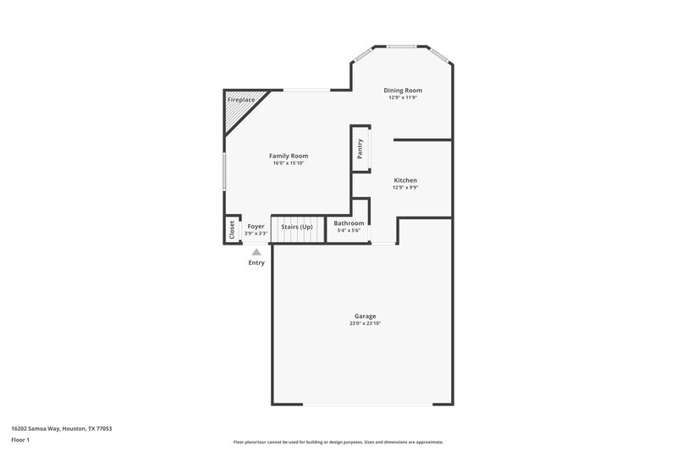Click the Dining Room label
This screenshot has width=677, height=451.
point(403,90)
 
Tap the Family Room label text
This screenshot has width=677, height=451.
point(288,156)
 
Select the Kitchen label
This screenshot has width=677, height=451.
point(405,180)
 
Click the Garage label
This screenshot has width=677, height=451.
point(366,316)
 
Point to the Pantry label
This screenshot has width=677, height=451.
point(361,148)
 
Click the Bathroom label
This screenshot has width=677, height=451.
point(349,223)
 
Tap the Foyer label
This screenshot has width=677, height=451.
point(256,226)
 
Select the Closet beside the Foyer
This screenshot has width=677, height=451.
point(231,230)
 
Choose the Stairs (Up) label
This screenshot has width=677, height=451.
point(297,227)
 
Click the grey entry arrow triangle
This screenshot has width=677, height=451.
point(256,250)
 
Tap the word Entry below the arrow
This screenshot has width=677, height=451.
point(256,262)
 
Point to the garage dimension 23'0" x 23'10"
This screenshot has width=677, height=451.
point(366,324)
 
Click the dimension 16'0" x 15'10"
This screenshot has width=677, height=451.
point(288,163)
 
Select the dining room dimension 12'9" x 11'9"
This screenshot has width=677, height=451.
point(403,97)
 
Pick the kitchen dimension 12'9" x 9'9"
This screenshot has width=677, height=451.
point(405,188)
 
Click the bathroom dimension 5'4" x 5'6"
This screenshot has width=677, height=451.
point(349,231)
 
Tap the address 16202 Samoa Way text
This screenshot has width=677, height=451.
point(62,428)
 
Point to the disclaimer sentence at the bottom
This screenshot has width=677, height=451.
point(338,442)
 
